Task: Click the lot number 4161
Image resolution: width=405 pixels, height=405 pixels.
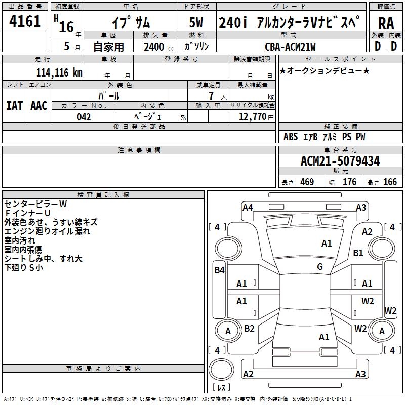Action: click(25, 22)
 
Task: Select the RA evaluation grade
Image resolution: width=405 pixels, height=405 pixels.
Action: click(386, 23)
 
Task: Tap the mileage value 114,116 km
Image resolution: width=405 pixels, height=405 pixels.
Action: click(59, 72)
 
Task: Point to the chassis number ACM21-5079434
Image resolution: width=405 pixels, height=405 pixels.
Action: click(340, 161)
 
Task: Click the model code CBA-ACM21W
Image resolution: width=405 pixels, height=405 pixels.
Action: click(290, 47)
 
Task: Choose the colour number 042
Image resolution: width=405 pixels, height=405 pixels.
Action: click(84, 117)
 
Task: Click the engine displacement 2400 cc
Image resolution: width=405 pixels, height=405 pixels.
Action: click(155, 47)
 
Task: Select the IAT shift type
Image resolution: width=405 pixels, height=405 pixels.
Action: click(14, 106)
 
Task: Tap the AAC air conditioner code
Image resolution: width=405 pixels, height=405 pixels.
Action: click(39, 106)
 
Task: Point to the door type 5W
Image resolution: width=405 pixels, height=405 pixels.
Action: click(197, 23)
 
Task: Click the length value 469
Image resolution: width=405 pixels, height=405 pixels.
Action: click(306, 182)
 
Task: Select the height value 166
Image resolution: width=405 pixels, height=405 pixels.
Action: click(390, 182)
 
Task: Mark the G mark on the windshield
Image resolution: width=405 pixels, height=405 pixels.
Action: click(320, 267)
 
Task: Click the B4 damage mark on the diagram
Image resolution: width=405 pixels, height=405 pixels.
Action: click(219, 270)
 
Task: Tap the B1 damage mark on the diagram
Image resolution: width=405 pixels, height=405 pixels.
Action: click(358, 253)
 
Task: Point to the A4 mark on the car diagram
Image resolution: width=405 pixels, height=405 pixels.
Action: click(248, 207)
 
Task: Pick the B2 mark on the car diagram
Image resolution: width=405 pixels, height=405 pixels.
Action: click(249, 329)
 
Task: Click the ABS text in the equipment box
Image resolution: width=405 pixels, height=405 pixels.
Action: click(291, 137)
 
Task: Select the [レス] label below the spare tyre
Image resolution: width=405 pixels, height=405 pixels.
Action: click(221, 387)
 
